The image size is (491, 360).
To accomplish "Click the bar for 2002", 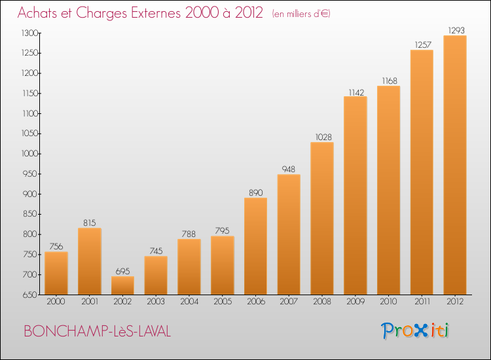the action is (x=123, y=285).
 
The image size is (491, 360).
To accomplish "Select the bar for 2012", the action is (x=455, y=165).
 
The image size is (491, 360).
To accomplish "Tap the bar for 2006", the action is (x=255, y=246).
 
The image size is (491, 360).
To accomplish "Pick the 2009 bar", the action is (x=355, y=195).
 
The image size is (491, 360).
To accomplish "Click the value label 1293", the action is (x=456, y=30).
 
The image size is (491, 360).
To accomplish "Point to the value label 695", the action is (x=123, y=271).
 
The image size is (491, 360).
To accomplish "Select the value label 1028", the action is (x=323, y=137).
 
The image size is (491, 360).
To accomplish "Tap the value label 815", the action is (x=90, y=223).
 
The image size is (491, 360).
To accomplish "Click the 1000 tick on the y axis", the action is (x=31, y=154).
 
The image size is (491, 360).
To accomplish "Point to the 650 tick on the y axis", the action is (x=31, y=295).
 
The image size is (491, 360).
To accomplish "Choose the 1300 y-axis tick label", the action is (x=31, y=33).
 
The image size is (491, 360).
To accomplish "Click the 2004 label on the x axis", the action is (x=189, y=302).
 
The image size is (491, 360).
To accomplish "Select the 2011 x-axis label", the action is (x=422, y=302).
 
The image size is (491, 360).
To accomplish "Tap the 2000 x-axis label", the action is (x=56, y=302).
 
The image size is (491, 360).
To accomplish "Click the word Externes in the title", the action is (x=156, y=13).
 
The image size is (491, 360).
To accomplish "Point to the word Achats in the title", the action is (x=37, y=13).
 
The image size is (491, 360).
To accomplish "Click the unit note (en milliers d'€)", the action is (x=301, y=14).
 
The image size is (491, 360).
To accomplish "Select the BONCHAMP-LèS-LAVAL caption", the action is (x=98, y=331).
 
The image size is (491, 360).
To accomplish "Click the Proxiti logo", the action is (x=415, y=331).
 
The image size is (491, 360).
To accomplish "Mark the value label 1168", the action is (x=390, y=81).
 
